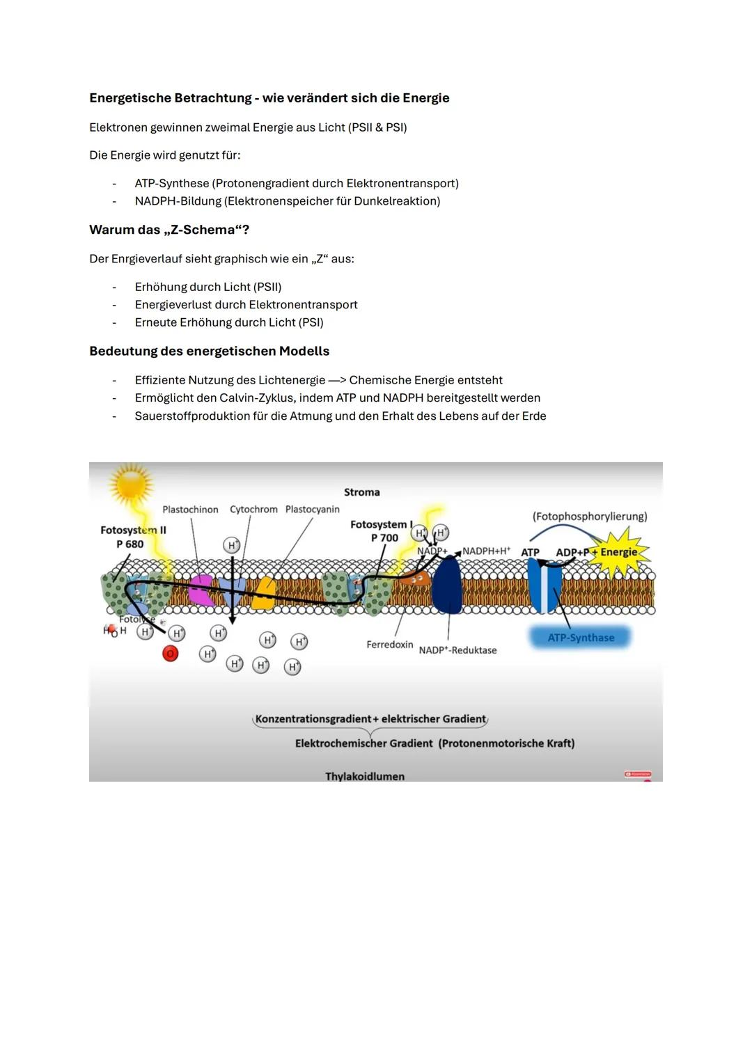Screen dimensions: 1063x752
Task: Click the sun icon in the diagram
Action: point(130,482)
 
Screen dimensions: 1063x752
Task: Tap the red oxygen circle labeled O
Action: point(170,654)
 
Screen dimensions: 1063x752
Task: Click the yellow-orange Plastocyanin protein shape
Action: point(263,593)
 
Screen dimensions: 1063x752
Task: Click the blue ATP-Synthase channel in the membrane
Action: point(544,587)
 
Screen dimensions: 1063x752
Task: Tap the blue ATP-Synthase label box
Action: point(581,638)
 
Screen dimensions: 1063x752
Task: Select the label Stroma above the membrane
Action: point(361,492)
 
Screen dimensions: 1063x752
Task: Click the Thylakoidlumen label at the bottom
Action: point(364,776)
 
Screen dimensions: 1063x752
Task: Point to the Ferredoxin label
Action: point(389,645)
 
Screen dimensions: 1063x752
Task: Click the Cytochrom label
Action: point(253,510)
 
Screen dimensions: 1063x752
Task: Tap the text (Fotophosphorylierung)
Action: point(589,517)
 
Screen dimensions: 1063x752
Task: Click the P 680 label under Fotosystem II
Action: point(130,544)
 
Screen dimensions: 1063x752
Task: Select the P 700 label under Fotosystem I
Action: point(384,537)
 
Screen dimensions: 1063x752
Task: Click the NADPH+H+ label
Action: point(486,551)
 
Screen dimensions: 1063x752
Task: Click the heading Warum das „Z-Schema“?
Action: point(169,230)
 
